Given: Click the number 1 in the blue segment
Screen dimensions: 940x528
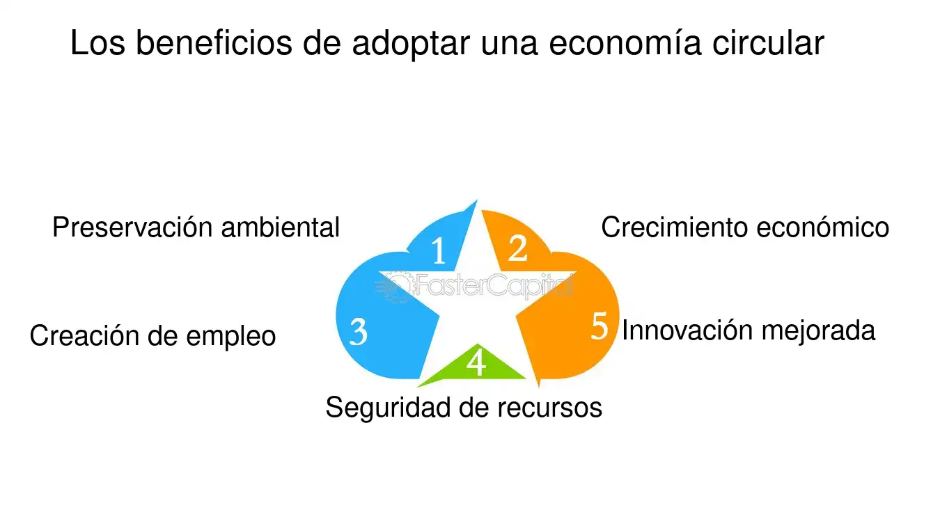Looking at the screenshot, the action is (439, 250).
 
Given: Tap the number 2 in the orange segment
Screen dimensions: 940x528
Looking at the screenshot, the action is (517, 248).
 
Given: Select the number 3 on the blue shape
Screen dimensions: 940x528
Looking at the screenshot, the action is (359, 331).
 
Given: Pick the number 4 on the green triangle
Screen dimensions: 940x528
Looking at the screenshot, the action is (476, 362).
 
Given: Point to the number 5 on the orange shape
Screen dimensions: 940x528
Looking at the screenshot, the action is (599, 326).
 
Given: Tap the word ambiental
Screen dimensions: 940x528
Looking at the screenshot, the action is (281, 227).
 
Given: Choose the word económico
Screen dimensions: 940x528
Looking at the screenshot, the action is (822, 227).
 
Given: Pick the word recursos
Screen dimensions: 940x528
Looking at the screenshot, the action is (550, 408).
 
